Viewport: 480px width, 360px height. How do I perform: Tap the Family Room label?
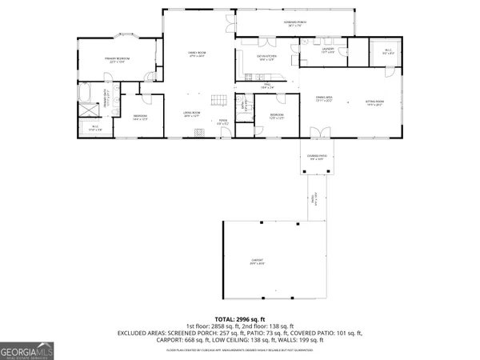[197, 54]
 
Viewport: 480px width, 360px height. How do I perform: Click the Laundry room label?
[328, 50]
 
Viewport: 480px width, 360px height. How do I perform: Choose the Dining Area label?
[323, 99]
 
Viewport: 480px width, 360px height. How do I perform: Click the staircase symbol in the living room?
[218, 100]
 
